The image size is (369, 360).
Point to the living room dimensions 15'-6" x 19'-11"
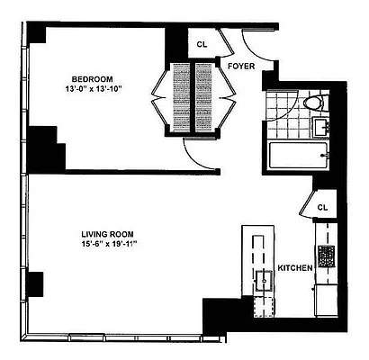tap(108, 244)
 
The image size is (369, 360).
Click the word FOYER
tap(240, 66)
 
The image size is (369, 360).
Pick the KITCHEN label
tap(294, 268)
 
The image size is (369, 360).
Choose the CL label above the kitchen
tap(323, 207)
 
